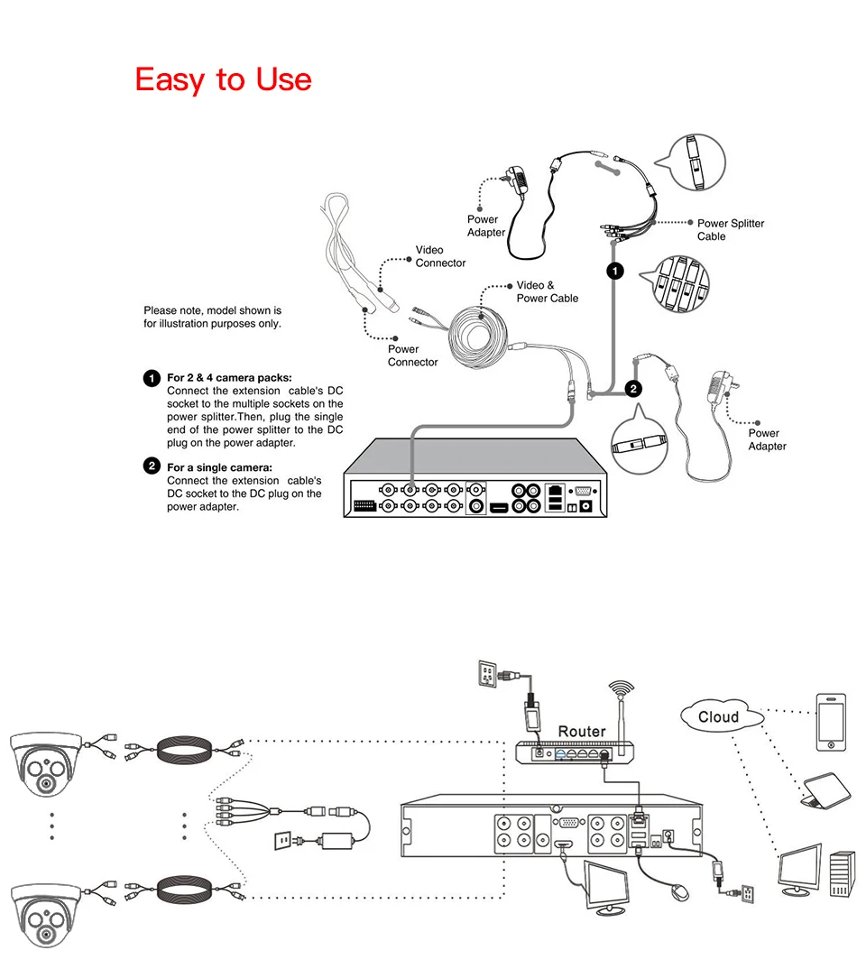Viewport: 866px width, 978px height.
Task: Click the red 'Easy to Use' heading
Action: point(223,79)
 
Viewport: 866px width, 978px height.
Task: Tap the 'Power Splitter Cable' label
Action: point(730,229)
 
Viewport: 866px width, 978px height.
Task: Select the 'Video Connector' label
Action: point(440,256)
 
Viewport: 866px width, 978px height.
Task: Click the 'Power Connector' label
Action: point(412,355)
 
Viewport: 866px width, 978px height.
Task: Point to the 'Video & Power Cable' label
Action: point(547,292)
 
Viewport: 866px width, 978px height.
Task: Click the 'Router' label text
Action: point(582,732)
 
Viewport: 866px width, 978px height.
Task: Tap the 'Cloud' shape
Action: point(721,715)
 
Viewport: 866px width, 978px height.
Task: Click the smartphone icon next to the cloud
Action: point(831,722)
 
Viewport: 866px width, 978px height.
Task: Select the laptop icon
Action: point(825,790)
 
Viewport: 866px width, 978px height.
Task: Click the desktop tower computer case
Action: point(842,875)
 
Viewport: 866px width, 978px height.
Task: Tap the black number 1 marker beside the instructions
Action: point(152,378)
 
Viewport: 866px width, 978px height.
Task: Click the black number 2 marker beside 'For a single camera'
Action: point(152,466)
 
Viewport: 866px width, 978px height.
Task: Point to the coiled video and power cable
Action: point(479,337)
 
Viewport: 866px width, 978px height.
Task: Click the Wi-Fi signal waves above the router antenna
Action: point(622,688)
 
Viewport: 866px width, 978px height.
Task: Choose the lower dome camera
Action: point(46,915)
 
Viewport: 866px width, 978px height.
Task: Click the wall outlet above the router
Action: point(487,674)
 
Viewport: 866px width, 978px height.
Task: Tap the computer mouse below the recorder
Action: point(679,890)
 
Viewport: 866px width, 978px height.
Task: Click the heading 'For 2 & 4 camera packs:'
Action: point(229,377)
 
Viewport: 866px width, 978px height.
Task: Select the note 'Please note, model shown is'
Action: point(212,310)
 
